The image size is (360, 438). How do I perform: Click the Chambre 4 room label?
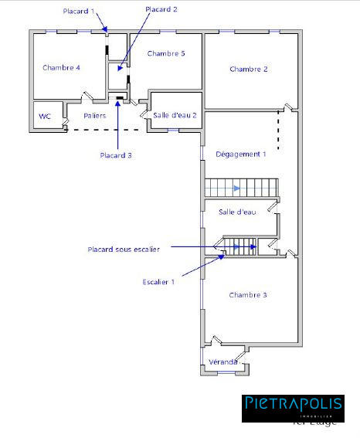pos(62,68)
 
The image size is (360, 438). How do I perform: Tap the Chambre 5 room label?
pos(166,53)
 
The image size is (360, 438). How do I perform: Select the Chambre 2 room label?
pos(249,70)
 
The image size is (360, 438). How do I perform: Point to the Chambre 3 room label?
pos(249,295)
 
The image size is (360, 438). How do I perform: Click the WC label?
pos(45,117)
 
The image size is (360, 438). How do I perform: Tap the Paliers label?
pos(95,115)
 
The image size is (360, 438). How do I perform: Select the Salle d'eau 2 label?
pos(175,115)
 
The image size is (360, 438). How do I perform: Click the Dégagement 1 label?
pos(240,154)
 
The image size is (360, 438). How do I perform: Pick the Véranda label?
pos(225,362)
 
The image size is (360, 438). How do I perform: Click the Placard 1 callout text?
pos(80,12)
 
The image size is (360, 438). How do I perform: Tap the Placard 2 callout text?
pos(161,9)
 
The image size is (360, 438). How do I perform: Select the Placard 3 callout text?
pos(116,155)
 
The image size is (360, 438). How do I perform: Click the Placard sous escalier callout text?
pos(124,249)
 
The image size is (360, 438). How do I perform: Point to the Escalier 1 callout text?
pos(159,282)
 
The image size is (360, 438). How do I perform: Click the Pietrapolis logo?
pos(292,406)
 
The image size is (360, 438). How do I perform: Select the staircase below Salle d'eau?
pos(240,246)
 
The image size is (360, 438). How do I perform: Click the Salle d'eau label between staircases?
pos(237,212)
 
